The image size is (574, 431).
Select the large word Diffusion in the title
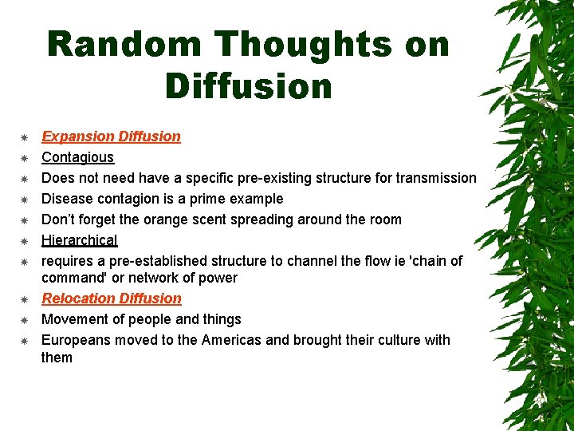[249, 85]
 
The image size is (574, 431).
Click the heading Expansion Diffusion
[111, 136]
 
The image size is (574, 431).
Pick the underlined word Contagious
[77, 157]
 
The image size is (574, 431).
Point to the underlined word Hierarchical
[79, 240]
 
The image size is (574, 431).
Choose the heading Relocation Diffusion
[112, 299]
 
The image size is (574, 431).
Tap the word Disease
[67, 199]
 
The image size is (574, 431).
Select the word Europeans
[77, 340]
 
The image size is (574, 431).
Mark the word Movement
[73, 319]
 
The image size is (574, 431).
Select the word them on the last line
[57, 358]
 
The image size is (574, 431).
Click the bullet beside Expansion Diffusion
[24, 137]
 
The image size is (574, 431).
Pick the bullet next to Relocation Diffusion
[24, 299]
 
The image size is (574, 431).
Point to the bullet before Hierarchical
[24, 241]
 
